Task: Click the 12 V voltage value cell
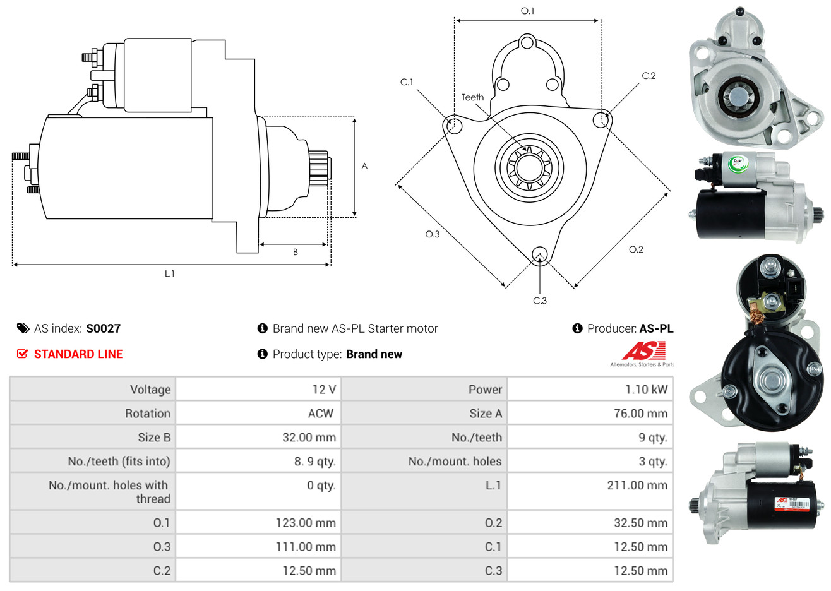pyautogui.click(x=323, y=390)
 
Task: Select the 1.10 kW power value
pyautogui.click(x=645, y=390)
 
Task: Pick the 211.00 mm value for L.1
pyautogui.click(x=637, y=486)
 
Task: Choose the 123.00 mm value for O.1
pyautogui.click(x=305, y=523)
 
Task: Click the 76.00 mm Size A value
pyautogui.click(x=640, y=414)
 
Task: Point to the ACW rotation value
pyautogui.click(x=320, y=414)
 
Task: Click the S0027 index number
pyautogui.click(x=103, y=328)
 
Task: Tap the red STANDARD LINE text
pyautogui.click(x=78, y=354)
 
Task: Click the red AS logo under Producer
pyautogui.click(x=643, y=351)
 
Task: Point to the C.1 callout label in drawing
pyautogui.click(x=407, y=82)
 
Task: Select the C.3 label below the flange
pyautogui.click(x=540, y=301)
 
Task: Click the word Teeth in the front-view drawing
pyautogui.click(x=472, y=97)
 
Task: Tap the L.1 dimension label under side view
pyautogui.click(x=169, y=273)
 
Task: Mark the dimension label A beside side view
pyautogui.click(x=364, y=166)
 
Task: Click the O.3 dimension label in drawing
pyautogui.click(x=432, y=234)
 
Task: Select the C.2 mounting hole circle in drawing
pyautogui.click(x=602, y=120)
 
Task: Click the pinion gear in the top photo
pyautogui.click(x=737, y=98)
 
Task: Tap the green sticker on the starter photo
pyautogui.click(x=738, y=165)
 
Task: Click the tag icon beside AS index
pyautogui.click(x=23, y=328)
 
